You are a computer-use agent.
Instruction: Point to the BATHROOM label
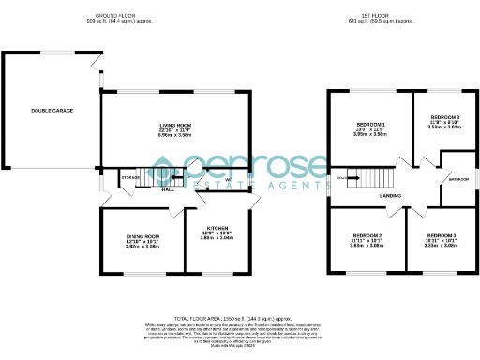click(458, 178)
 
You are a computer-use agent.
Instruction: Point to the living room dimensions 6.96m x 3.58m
click(175, 135)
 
